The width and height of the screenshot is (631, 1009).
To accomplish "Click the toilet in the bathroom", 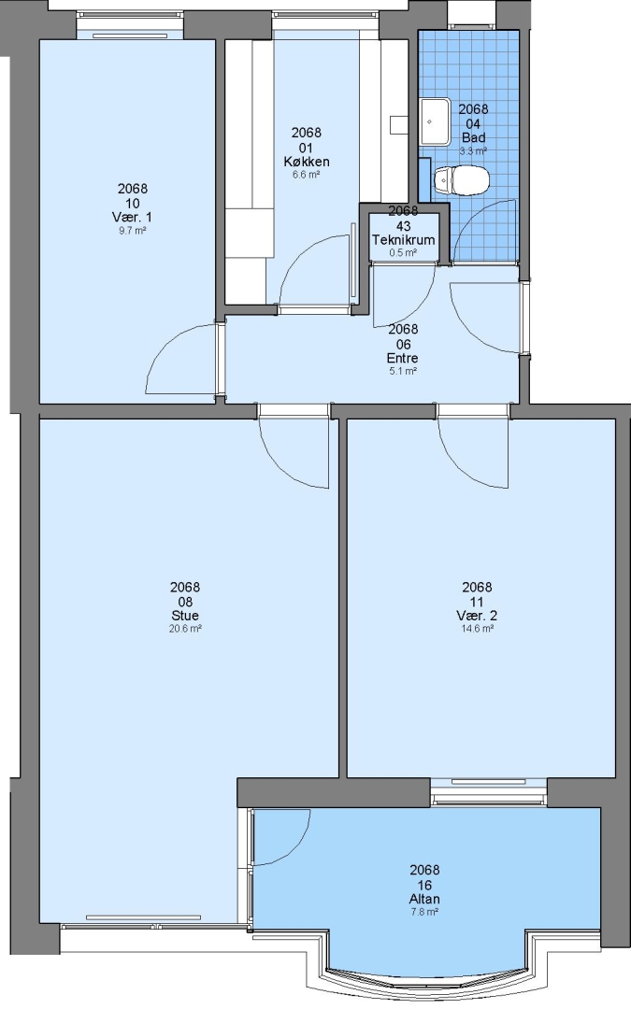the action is coord(461,180).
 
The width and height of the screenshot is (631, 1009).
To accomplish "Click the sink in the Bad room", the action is coord(436,121).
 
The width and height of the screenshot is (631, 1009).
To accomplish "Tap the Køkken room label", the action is coord(307,161).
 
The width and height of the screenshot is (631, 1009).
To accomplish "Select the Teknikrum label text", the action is coord(404,239).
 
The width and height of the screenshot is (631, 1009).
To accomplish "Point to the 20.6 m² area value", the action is coord(185,629).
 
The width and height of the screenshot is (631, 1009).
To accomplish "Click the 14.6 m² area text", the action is coord(477,629).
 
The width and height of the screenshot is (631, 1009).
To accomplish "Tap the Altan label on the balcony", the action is coord(425,899).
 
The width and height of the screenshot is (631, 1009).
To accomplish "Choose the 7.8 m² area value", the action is coord(425,912).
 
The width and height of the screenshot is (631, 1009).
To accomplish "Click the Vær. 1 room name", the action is coord(133,217).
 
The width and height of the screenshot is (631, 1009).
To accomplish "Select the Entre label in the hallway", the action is coord(402,358).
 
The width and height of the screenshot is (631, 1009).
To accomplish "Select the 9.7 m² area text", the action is coord(133,231).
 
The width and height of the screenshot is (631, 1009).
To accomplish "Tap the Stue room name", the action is coord(185,616).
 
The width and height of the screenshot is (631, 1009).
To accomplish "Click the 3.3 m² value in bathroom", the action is coord(473,151).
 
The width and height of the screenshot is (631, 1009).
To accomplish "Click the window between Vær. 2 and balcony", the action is coord(488,791).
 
